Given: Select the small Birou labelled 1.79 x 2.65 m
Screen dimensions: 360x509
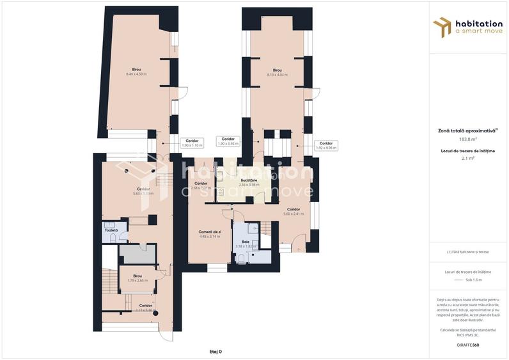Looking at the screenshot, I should click(x=136, y=278).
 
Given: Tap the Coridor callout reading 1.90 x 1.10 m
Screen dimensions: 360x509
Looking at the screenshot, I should click(x=192, y=143).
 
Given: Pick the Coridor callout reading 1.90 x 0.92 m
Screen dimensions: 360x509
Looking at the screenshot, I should click(x=228, y=141).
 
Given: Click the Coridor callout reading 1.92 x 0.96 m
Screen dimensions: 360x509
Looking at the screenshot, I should click(x=325, y=145).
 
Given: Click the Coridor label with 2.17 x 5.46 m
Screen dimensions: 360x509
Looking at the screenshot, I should click(x=145, y=308).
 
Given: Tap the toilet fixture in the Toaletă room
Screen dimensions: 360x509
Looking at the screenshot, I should click(x=113, y=237).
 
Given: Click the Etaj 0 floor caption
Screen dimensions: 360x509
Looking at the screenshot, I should click(x=215, y=351).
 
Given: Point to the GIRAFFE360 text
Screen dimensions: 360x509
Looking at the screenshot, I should click(x=468, y=345).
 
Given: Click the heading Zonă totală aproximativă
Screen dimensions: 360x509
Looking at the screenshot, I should click(x=468, y=130).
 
